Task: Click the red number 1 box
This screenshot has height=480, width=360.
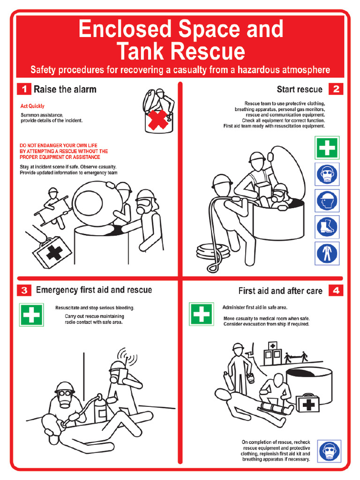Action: tap(23, 89)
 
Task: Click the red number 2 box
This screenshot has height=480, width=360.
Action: tap(336, 89)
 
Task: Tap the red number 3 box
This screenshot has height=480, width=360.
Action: tap(23, 290)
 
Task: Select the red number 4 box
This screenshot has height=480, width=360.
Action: tap(336, 291)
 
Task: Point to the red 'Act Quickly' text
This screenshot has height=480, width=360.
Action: tap(32, 106)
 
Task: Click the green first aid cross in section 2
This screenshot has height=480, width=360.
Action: tap(327, 148)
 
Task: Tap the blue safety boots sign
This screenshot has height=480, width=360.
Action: tap(327, 227)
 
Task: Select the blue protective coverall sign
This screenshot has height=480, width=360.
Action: tap(327, 253)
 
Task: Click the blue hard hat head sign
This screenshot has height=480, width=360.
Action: tap(327, 201)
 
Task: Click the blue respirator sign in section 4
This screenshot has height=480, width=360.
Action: tap(329, 451)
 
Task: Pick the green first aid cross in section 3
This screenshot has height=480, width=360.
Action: tap(31, 315)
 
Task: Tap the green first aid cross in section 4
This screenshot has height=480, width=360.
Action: tap(201, 314)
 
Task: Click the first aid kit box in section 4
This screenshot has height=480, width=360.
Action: tap(307, 403)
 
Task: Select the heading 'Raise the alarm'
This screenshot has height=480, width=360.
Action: tap(65, 89)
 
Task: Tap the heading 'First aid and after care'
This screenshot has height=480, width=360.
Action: tap(280, 291)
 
